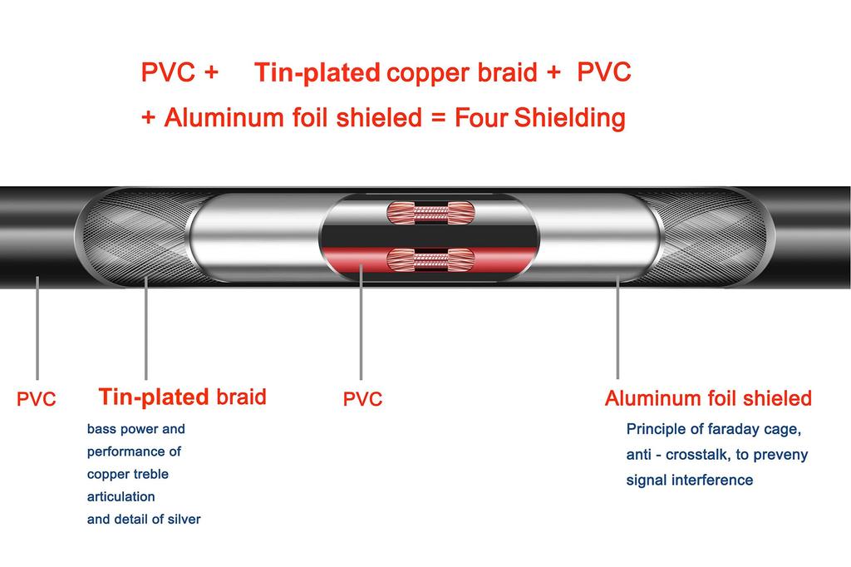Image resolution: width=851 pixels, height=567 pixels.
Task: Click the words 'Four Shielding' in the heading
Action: point(539,118)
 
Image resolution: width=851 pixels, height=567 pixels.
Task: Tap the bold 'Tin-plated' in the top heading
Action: point(317,73)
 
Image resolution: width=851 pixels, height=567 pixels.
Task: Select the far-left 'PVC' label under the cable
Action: point(37,400)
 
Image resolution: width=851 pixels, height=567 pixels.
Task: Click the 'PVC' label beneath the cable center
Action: point(362,400)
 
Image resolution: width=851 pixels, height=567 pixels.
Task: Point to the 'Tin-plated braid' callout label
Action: point(182,397)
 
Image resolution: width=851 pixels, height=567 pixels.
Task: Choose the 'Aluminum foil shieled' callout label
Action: point(708,398)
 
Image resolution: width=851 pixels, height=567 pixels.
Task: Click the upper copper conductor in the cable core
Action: point(430,212)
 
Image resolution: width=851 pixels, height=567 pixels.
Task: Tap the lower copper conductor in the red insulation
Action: point(430,259)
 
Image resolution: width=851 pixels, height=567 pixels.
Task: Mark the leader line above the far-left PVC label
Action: point(37,328)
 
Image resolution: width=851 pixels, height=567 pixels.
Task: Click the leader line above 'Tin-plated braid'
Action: point(146,328)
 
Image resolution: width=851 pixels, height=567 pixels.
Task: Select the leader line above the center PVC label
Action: point(361,324)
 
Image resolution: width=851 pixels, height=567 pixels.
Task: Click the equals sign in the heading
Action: point(439,118)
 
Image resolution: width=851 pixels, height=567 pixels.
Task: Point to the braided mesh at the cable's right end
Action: point(706,237)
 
